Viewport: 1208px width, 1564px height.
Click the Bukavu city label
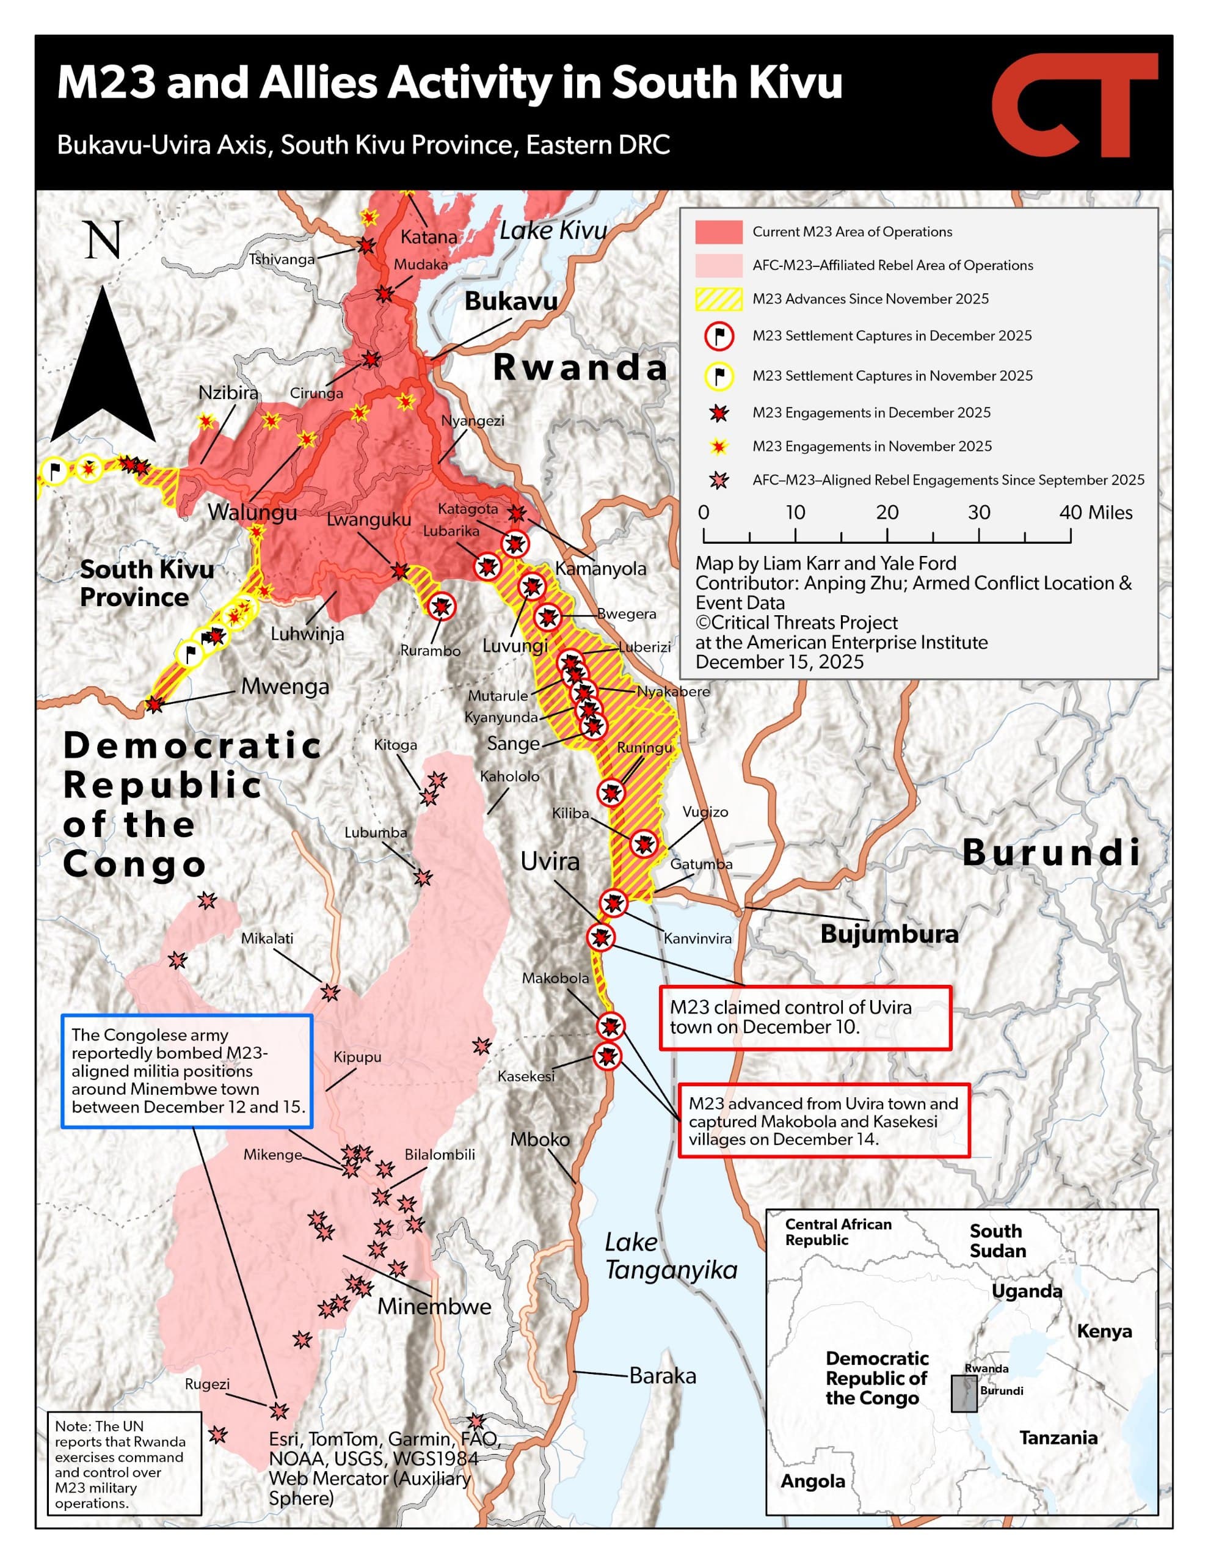click(511, 301)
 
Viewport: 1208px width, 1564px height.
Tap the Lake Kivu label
click(553, 230)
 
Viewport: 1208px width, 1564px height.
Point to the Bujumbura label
click(889, 934)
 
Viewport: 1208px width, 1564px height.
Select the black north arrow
click(104, 365)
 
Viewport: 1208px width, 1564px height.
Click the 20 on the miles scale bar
click(887, 513)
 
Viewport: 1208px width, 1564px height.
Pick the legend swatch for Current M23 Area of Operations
click(718, 232)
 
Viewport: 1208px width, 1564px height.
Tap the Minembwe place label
click(434, 1307)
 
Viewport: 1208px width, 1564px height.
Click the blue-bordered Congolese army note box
click(187, 1072)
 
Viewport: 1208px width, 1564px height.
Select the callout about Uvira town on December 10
click(804, 1018)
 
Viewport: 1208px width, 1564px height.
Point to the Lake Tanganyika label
click(669, 1257)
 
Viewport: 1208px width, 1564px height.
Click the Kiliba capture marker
click(643, 844)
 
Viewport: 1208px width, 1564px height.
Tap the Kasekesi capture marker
click(608, 1056)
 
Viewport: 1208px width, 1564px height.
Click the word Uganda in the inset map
click(1026, 1291)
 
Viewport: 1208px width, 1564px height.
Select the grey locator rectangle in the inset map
click(964, 1394)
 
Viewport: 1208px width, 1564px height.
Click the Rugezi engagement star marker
click(278, 1411)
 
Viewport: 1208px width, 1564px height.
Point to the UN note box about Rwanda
click(125, 1463)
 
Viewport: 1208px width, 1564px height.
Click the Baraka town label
click(663, 1376)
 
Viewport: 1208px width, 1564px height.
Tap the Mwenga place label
click(285, 686)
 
